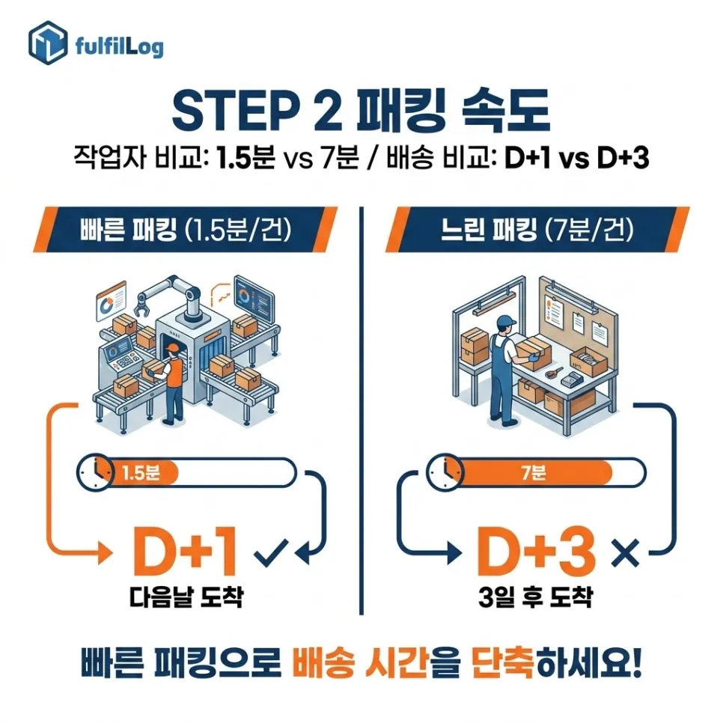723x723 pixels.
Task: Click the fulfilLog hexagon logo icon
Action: click(48, 43)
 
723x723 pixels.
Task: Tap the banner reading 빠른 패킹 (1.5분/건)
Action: click(186, 230)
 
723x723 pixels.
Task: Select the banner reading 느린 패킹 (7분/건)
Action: click(537, 230)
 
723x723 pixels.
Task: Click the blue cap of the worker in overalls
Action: click(506, 321)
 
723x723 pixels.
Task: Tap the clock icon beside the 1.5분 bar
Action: click(95, 472)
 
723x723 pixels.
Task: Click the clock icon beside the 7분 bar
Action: click(445, 472)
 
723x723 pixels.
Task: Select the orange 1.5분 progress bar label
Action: click(141, 472)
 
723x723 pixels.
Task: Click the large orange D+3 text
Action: click(536, 551)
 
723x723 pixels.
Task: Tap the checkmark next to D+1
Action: click(271, 552)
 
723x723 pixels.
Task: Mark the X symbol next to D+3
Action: click(625, 552)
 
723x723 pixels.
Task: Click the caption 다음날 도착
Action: click(186, 597)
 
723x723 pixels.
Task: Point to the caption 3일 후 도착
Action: click(535, 597)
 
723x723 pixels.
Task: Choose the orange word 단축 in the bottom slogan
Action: click(504, 664)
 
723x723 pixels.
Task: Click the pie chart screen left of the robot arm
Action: click(111, 301)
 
